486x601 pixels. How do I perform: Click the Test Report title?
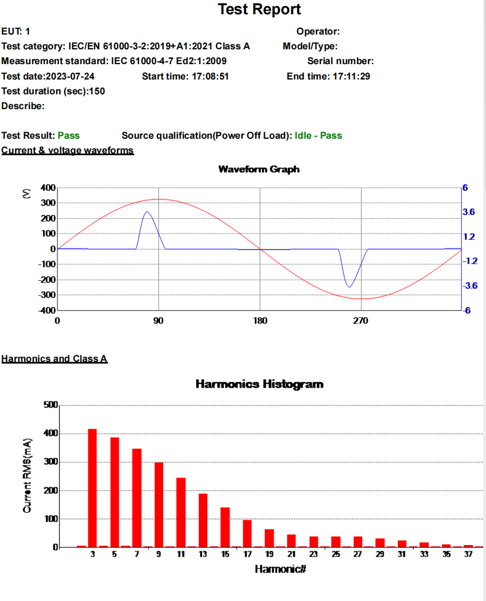pos(259,9)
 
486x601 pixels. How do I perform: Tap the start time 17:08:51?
pos(210,76)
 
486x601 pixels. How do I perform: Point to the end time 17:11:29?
pos(351,76)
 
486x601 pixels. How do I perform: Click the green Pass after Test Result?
pos(68,135)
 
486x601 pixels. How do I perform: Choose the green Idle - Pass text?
pos(318,135)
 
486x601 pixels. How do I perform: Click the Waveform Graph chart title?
pos(259,169)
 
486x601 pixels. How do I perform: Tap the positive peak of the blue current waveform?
pos(147,212)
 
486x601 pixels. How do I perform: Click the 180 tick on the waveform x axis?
pos(260,321)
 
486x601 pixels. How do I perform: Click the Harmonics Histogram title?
pos(259,384)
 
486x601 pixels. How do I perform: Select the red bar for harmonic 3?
pos(93,487)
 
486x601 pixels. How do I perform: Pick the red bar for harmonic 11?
pos(181,512)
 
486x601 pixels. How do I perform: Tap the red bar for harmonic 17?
pos(247,533)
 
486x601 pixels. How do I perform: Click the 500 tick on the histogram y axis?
pos(50,405)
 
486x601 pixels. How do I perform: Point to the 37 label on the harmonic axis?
pos(468,554)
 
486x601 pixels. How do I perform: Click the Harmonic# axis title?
pos(280,569)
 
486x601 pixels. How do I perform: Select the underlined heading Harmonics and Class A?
pos(54,359)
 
